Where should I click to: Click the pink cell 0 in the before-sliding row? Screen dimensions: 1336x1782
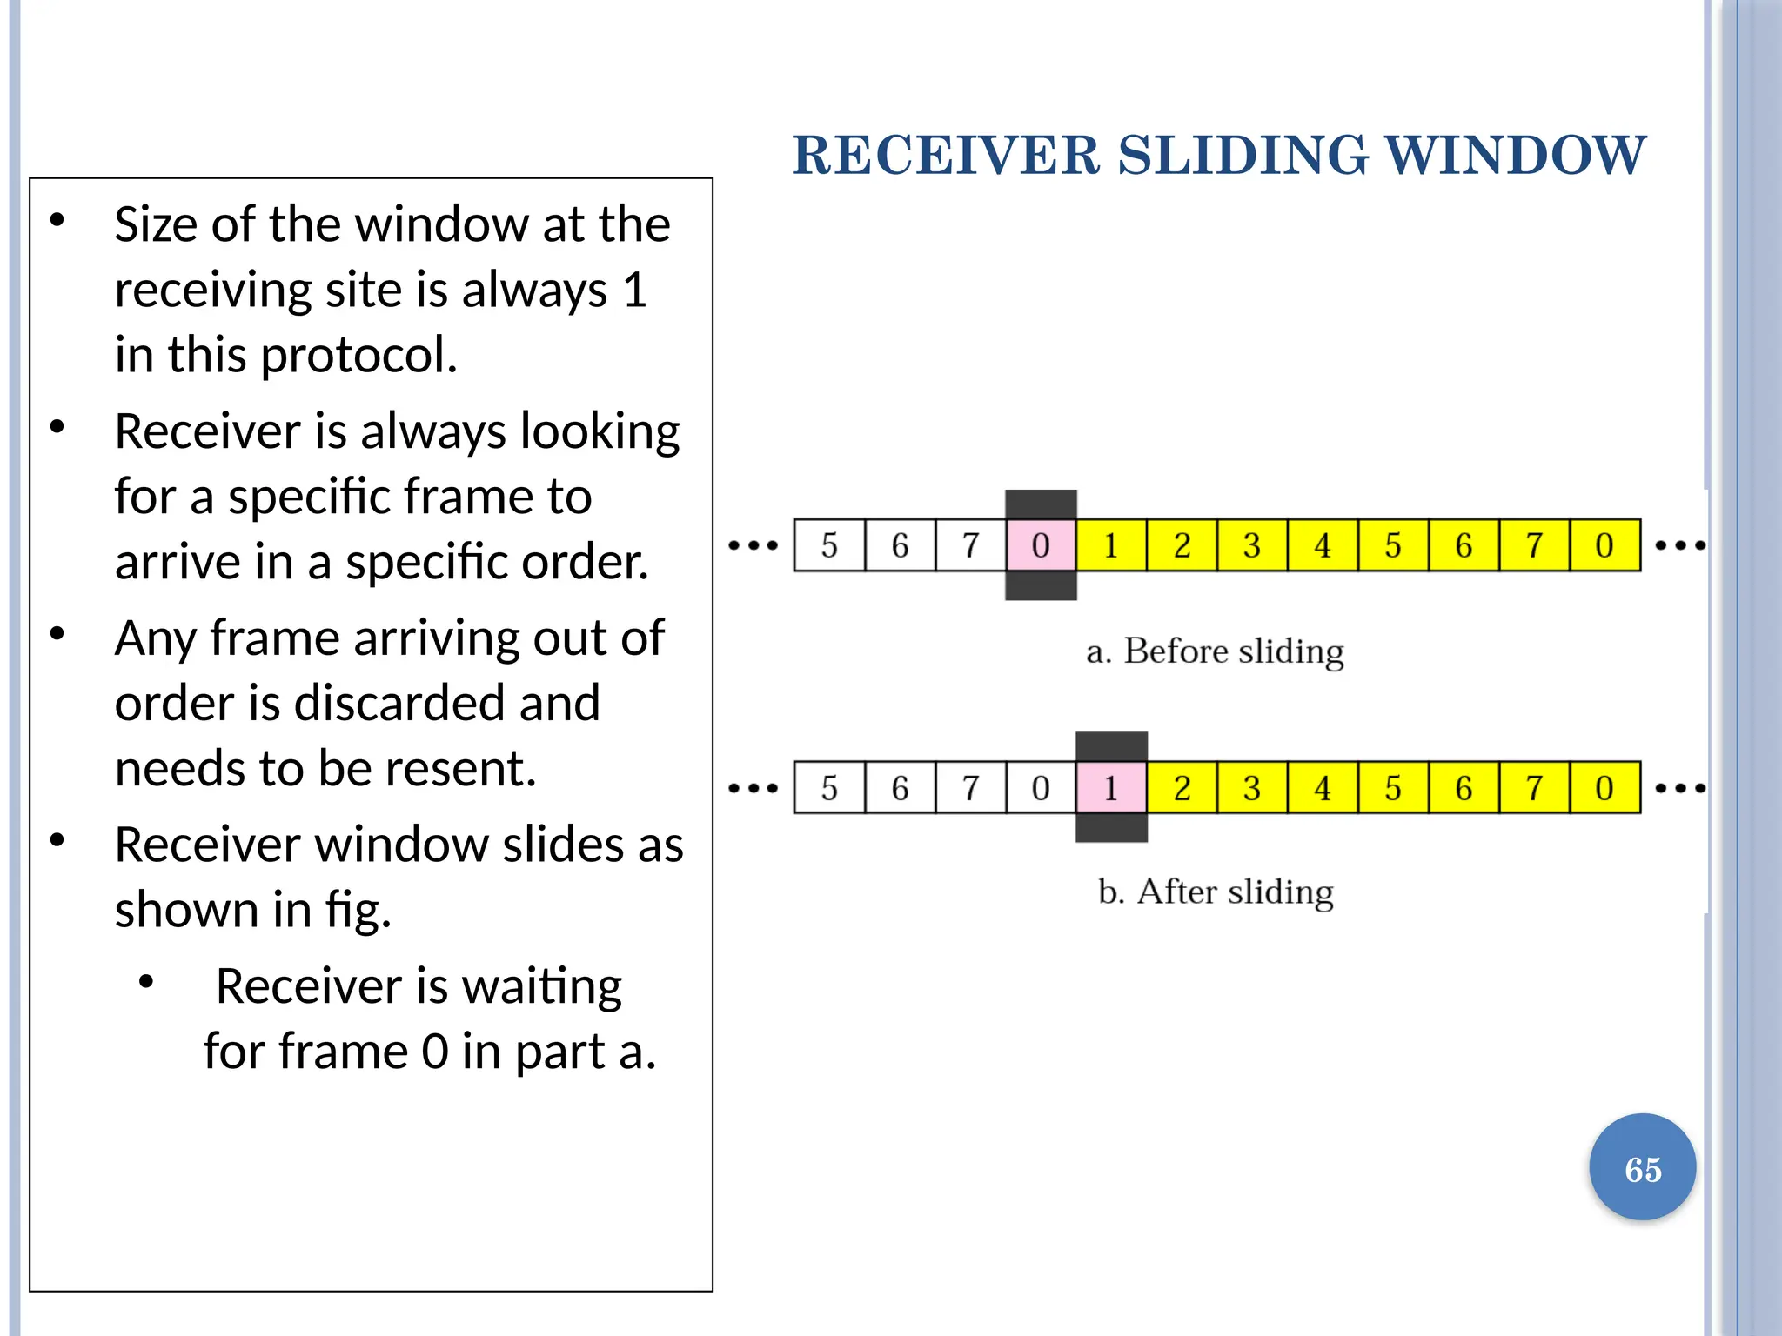[x=1041, y=545]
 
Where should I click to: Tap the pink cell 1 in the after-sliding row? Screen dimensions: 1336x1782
[x=1111, y=788]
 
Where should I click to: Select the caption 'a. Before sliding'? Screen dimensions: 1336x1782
[x=1215, y=651]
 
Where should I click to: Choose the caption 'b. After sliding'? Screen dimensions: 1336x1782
[x=1216, y=892]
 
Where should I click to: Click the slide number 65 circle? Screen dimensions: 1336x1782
[x=1642, y=1168]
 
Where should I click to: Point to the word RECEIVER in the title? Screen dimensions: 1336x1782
[x=947, y=156]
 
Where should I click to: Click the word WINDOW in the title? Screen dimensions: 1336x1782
[x=1515, y=156]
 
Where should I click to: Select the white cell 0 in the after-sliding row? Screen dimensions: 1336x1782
[x=1041, y=788]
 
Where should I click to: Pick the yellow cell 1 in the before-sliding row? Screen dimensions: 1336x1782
[x=1111, y=545]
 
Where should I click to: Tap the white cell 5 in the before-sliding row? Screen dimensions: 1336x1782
[x=829, y=545]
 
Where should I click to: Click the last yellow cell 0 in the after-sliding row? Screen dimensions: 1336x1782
[x=1604, y=788]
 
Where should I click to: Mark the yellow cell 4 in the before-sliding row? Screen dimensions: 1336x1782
[x=1323, y=545]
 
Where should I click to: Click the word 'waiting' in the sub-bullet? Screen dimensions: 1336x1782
[x=541, y=986]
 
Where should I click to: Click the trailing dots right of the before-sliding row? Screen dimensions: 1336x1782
[x=1679, y=546]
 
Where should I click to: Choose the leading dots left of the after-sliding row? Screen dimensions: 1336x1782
[x=754, y=789]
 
